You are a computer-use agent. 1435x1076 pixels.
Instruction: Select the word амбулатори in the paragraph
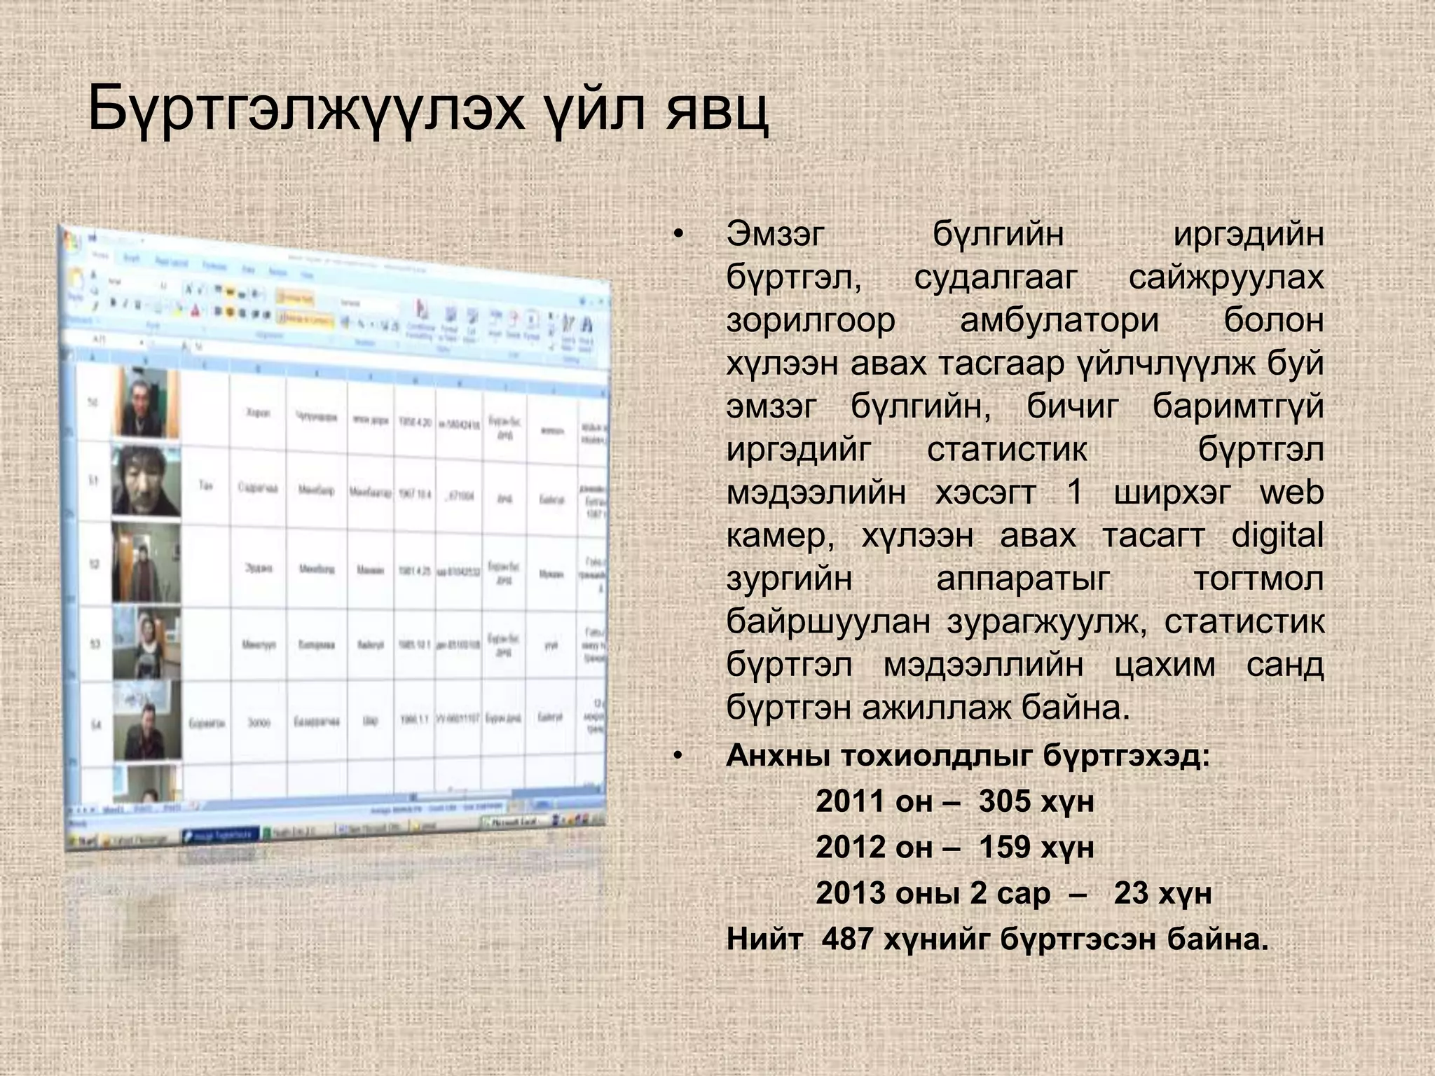(x=1059, y=321)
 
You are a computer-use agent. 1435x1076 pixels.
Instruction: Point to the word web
(x=1291, y=492)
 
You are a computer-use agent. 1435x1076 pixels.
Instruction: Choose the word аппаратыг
(x=1023, y=579)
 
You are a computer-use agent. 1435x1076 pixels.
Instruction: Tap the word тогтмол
(x=1258, y=579)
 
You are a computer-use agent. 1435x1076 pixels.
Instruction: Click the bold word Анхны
(x=776, y=756)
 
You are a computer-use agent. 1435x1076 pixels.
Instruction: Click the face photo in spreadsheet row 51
(x=146, y=482)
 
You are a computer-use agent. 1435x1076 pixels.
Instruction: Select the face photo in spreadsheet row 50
(x=145, y=403)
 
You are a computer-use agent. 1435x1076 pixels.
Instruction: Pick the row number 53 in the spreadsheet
(x=94, y=644)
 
